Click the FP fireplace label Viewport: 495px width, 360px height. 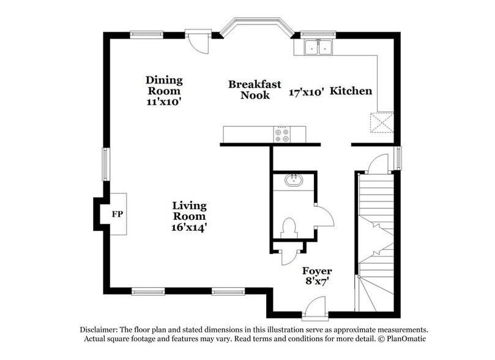[117, 215]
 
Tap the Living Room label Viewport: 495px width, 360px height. [189, 216]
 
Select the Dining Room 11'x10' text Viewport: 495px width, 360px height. [164, 91]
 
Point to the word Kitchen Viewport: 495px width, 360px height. [351, 91]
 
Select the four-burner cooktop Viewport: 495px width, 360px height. [283, 134]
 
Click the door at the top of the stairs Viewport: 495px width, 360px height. [378, 164]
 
